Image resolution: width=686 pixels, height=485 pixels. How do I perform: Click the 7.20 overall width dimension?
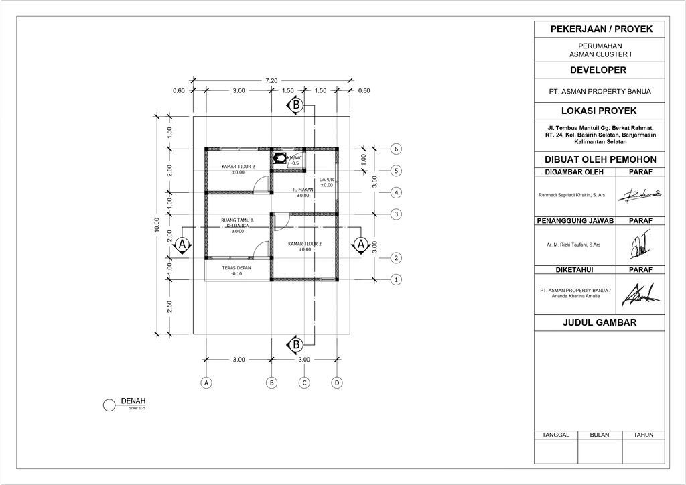271,80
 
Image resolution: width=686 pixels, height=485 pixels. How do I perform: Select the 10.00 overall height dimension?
157,225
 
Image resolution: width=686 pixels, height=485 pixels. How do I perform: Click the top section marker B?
295,105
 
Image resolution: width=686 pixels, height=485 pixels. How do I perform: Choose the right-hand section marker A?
361,245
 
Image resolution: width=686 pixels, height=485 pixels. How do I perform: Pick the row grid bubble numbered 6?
397,149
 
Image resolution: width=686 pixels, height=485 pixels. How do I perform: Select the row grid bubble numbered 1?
397,279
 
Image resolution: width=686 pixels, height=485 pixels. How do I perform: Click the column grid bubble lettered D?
337,383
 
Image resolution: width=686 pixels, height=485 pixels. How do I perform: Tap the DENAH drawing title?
133,401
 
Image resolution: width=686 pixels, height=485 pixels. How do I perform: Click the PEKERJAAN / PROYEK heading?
600,29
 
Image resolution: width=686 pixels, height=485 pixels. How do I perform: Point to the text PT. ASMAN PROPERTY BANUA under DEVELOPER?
600,91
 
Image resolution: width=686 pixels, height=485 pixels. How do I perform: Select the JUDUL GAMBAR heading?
600,323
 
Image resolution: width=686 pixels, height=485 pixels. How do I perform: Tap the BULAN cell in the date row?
600,435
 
